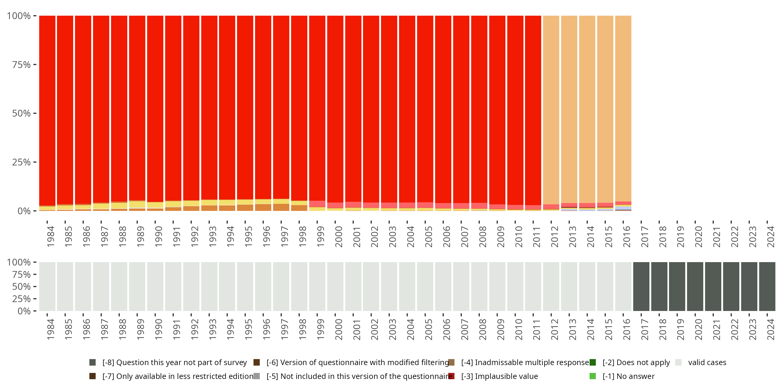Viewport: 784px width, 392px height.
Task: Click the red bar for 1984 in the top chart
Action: coord(47,109)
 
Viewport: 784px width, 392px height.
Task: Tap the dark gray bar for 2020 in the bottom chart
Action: coord(695,286)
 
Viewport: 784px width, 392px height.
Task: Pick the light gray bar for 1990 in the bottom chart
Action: coord(155,286)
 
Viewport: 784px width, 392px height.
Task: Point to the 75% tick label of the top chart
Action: coord(21,65)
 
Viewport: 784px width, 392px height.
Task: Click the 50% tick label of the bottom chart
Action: coord(21,287)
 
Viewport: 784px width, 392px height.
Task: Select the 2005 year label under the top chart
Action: coord(429,237)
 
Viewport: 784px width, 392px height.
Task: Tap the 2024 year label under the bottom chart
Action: coord(771,329)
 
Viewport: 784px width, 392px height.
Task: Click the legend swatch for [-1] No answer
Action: coord(592,376)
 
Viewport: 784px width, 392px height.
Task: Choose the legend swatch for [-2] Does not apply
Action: coord(592,362)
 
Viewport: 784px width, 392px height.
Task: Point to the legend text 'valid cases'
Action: coord(707,362)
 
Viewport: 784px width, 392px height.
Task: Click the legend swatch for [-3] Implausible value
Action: coord(451,376)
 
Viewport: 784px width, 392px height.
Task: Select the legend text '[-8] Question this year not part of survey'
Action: coord(174,362)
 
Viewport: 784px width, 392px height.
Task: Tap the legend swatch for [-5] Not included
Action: coord(257,376)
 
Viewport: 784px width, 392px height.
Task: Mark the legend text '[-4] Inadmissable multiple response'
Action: coord(525,362)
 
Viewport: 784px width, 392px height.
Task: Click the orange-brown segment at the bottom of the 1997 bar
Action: coord(281,207)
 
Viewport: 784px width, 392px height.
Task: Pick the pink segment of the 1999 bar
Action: coord(317,204)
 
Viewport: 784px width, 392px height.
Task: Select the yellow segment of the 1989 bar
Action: coord(137,204)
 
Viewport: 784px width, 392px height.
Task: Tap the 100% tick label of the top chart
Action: coord(19,16)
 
